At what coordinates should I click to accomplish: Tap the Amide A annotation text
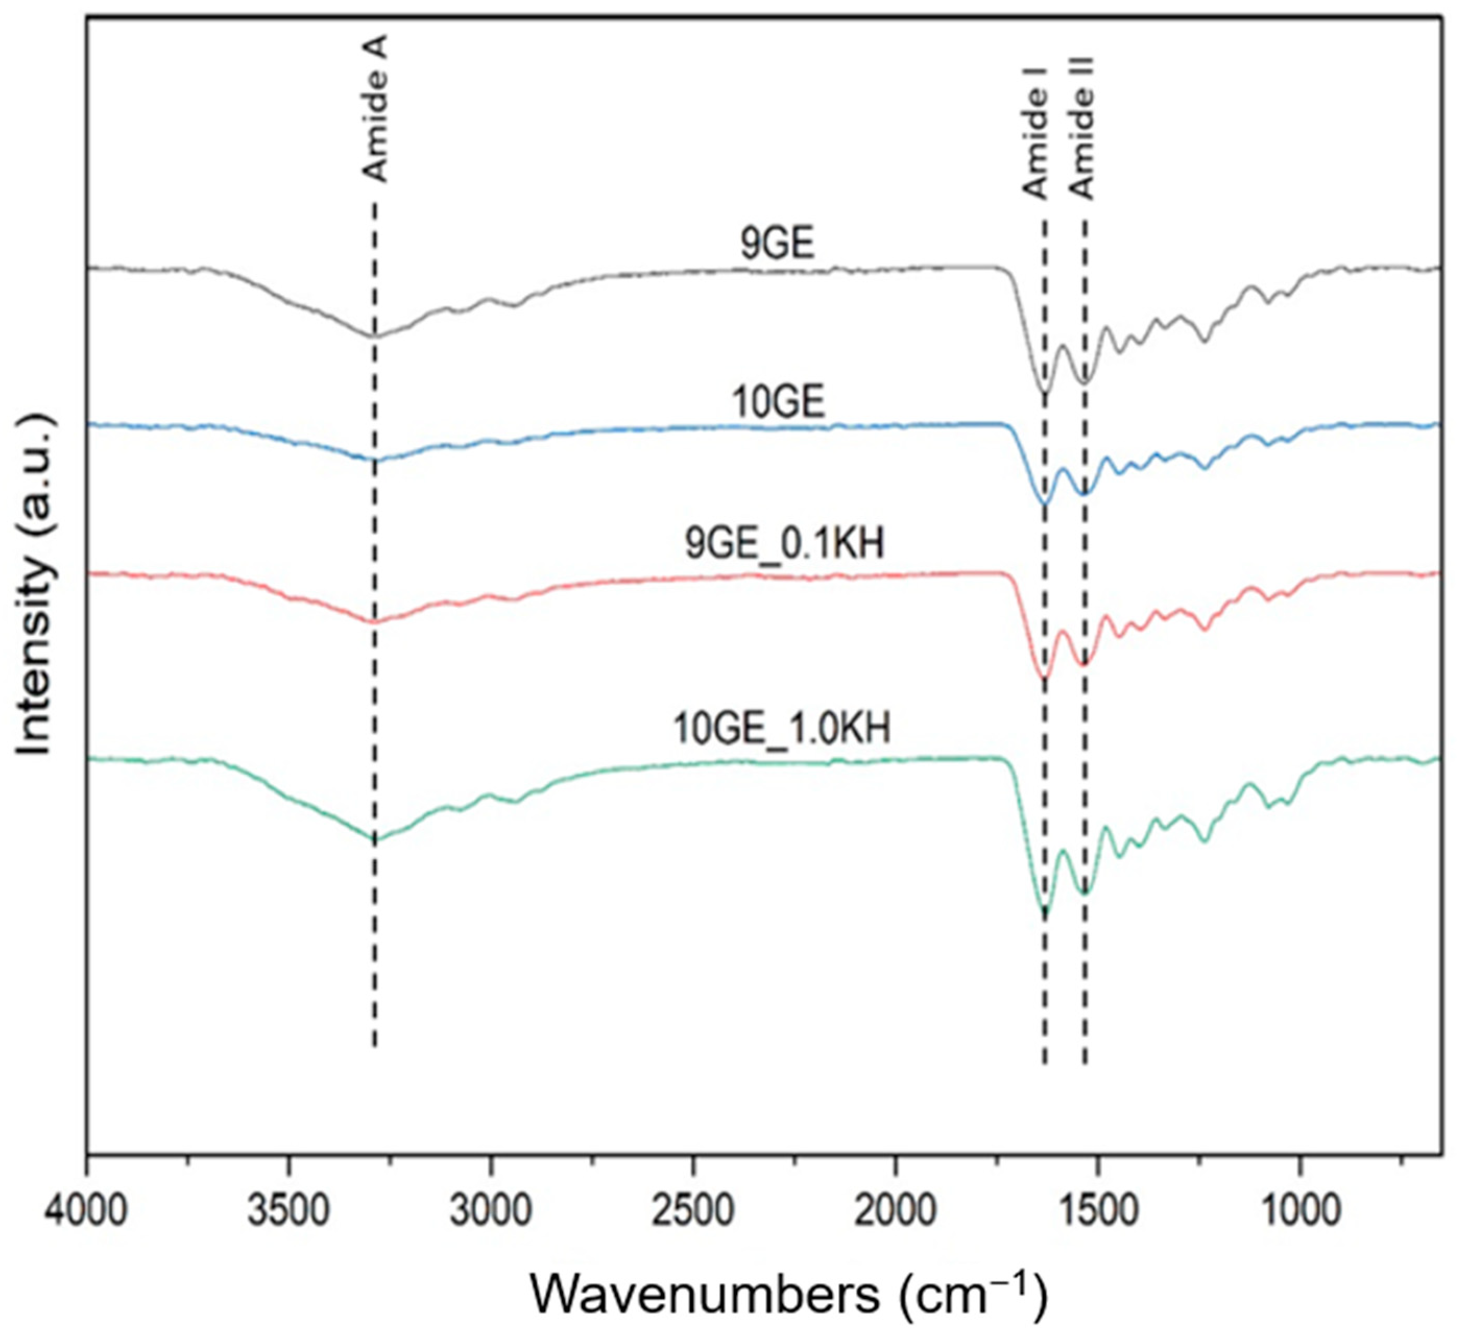pyautogui.click(x=375, y=109)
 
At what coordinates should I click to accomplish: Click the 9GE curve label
pyautogui.click(x=777, y=244)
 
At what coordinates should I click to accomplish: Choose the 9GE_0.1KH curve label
pyautogui.click(x=785, y=544)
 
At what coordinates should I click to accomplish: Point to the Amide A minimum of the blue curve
pyautogui.click(x=374, y=460)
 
